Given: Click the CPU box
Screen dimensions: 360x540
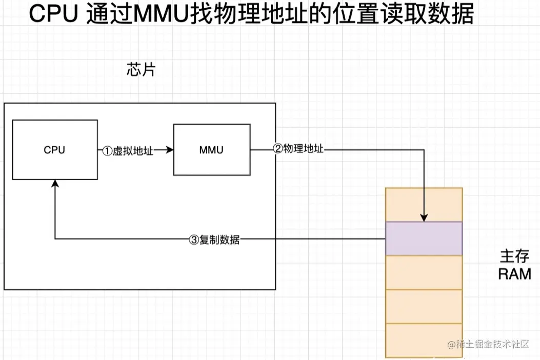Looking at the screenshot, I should pos(55,150).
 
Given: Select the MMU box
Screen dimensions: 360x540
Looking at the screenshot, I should pos(211,150).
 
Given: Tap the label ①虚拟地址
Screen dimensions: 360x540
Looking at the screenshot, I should pos(128,151).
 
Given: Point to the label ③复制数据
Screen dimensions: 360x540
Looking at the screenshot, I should pos(214,239).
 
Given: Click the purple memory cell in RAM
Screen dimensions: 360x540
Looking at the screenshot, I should pos(424,238).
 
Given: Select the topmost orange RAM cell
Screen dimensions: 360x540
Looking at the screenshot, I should pos(424,205).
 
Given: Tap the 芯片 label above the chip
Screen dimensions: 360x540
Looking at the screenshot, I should pos(141,70).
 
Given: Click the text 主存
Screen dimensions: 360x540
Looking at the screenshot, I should pos(514,256).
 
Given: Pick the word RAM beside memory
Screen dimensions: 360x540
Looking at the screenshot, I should pos(514,274).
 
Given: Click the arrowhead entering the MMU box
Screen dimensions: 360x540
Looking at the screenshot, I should pos(170,150).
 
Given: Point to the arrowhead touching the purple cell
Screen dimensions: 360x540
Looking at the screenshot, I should pos(424,217).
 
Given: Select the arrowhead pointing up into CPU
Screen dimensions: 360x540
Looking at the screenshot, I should pos(54,184).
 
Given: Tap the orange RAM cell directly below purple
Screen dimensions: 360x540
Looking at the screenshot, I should pos(424,272).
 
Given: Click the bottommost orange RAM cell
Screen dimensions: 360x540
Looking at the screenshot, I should pos(424,341).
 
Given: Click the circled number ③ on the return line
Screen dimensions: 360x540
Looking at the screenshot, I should pos(194,239).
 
